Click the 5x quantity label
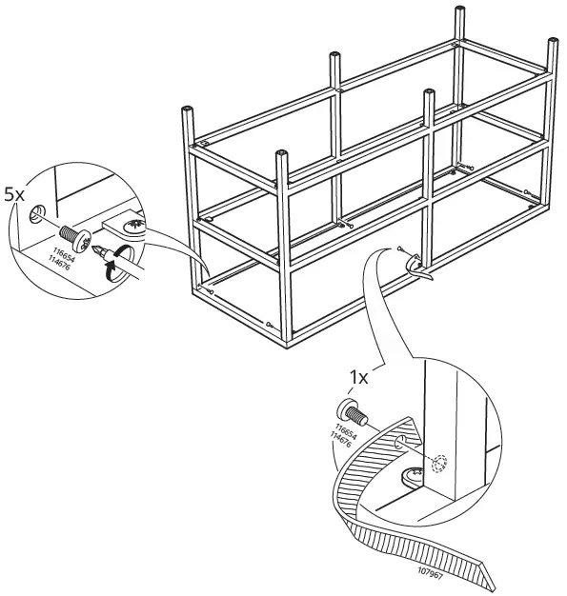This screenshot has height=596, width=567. tap(14, 193)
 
